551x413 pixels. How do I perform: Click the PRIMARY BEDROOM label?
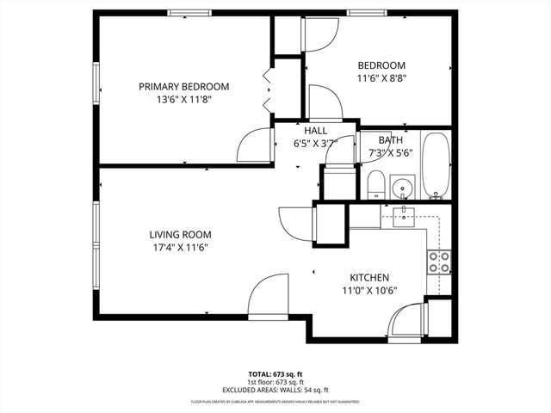point(184,86)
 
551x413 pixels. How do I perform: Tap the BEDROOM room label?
point(381,65)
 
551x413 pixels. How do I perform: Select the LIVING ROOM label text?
point(180,234)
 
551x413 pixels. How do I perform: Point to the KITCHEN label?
point(369,277)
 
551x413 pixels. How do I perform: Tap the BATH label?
point(390,140)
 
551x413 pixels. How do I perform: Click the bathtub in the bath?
point(436,165)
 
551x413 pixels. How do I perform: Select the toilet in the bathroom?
point(375,184)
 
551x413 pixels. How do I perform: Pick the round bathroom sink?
point(401,186)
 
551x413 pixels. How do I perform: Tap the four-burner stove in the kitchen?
point(439,262)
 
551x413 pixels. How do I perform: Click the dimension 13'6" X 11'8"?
point(184,99)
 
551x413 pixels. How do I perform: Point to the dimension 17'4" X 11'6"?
point(180,247)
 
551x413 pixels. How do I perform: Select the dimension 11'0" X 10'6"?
point(369,290)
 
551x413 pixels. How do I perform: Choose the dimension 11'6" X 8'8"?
point(381,77)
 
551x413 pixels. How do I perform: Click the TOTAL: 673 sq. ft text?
point(275,374)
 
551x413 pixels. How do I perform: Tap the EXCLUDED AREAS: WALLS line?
point(275,390)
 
